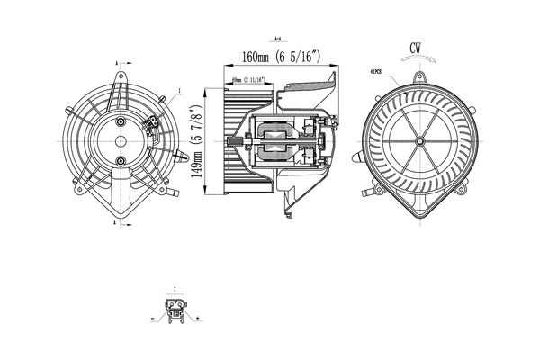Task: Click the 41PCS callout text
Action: pyautogui.click(x=376, y=72)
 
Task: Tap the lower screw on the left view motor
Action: pyautogui.click(x=120, y=161)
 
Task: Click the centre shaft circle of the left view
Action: pyautogui.click(x=119, y=140)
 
